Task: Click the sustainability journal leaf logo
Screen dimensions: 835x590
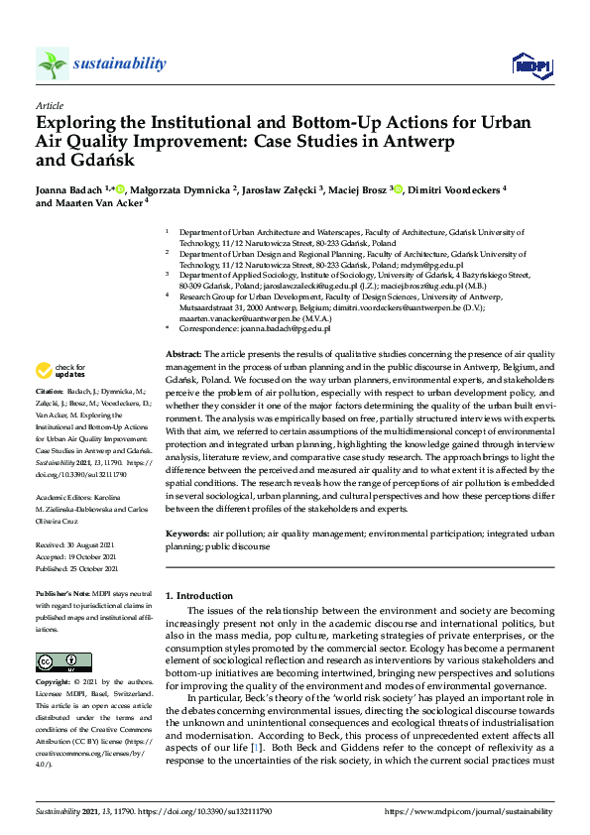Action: pyautogui.click(x=53, y=64)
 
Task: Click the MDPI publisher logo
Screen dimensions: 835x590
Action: pyautogui.click(x=531, y=65)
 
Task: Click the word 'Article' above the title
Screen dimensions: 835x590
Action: pyautogui.click(x=50, y=105)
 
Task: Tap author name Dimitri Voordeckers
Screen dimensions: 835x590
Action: pyautogui.click(x=452, y=187)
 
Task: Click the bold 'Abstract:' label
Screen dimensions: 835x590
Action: pyautogui.click(x=183, y=354)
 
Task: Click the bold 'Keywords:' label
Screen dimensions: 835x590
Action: pyautogui.click(x=187, y=535)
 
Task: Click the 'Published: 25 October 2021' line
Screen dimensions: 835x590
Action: pyautogui.click(x=79, y=569)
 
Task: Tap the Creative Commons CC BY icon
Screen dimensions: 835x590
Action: pyautogui.click(x=63, y=661)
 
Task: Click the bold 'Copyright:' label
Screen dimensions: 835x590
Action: pyautogui.click(x=59, y=683)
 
